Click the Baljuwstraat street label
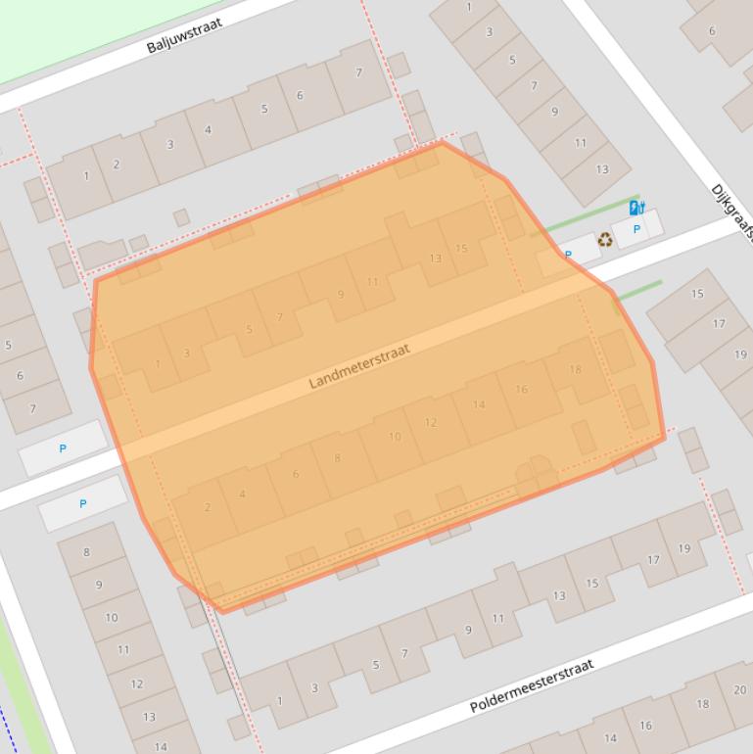coord(184,35)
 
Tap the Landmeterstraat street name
coord(359,366)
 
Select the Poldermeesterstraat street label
coord(532,685)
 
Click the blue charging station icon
coord(635,208)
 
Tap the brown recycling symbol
coord(605,239)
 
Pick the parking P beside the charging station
coord(636,229)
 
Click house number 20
coord(738,689)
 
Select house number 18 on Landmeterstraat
coord(575,369)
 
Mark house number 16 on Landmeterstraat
coord(521,389)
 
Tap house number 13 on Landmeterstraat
coord(435,259)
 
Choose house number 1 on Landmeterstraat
coord(158,364)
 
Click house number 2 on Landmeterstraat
coord(208,507)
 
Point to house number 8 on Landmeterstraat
coord(338,457)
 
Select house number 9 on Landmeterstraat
coord(341,294)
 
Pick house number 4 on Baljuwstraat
coord(208,129)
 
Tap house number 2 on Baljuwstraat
coord(117,165)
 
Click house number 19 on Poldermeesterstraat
coord(684,548)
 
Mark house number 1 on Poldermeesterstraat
coord(279,700)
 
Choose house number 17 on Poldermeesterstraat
coord(652,561)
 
